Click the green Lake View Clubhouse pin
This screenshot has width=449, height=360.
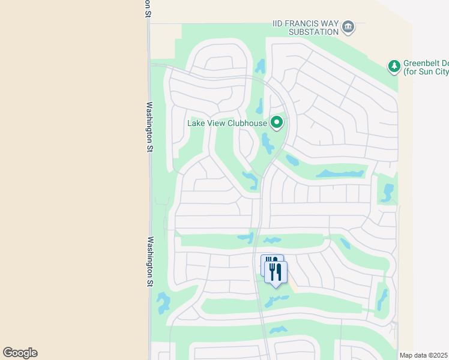pyautogui.click(x=277, y=122)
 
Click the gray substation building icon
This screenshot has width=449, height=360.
pyautogui.click(x=348, y=28)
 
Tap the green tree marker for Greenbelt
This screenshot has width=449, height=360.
pyautogui.click(x=394, y=66)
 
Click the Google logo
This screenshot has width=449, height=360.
pyautogui.click(x=20, y=352)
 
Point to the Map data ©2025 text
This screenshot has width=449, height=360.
pyautogui.click(x=423, y=355)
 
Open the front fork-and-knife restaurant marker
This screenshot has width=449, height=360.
pyautogui.click(x=276, y=271)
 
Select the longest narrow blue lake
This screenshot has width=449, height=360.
pyautogui.click(x=340, y=174)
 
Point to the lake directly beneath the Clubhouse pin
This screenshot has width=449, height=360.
pyautogui.click(x=267, y=143)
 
